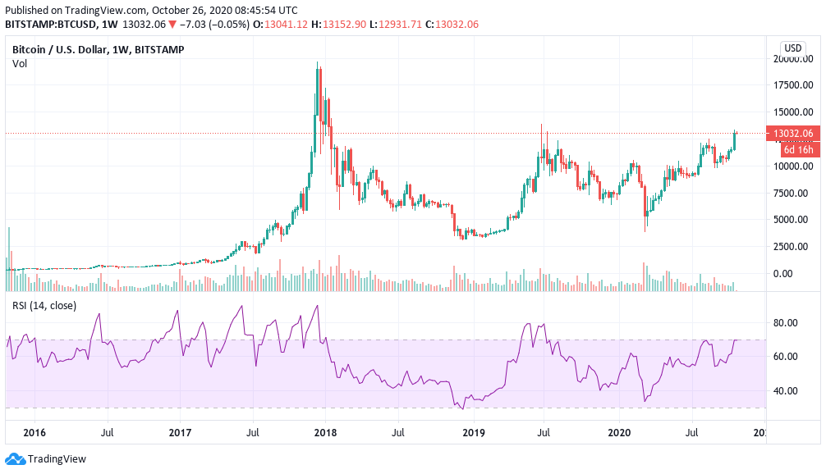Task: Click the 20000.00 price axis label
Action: click(x=792, y=59)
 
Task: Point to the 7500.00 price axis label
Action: click(x=792, y=193)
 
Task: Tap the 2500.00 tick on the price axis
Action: click(x=792, y=246)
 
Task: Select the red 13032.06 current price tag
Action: click(x=791, y=134)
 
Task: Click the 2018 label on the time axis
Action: click(x=326, y=433)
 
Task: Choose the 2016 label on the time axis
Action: click(x=34, y=433)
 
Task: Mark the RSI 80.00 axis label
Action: click(x=786, y=322)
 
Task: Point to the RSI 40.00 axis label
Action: click(x=786, y=390)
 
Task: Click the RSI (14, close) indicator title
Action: click(x=44, y=305)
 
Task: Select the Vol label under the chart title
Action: click(x=20, y=64)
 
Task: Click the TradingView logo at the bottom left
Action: click(x=46, y=459)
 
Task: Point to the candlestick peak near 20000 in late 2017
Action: click(x=318, y=64)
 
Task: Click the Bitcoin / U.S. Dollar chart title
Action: click(x=98, y=49)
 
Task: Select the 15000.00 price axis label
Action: click(x=792, y=112)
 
